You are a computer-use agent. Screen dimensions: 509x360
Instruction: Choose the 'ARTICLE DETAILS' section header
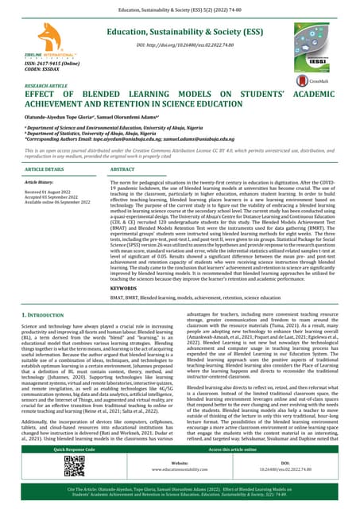(x=45, y=170)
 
